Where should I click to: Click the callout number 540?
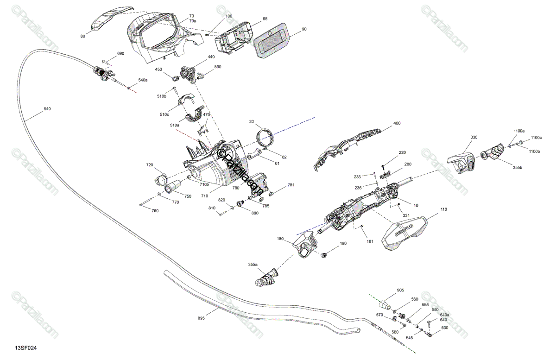[x=47, y=109]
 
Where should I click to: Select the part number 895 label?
[x=201, y=318]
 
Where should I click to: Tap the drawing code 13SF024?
[x=26, y=347]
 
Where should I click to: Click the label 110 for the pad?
[x=444, y=210]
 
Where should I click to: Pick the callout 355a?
[x=253, y=265]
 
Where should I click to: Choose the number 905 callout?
[x=400, y=291]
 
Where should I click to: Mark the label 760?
[x=155, y=211]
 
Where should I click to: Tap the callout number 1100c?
[x=536, y=137]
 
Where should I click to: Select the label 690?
[x=120, y=54]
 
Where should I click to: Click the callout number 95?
[x=265, y=19]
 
